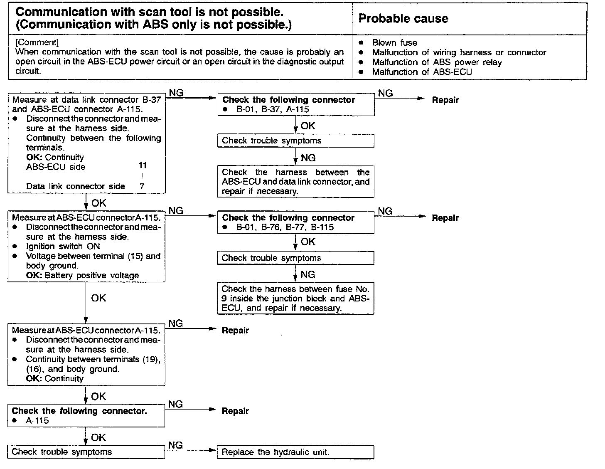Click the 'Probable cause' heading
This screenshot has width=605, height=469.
tap(403, 19)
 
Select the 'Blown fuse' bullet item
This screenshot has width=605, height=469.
tap(394, 42)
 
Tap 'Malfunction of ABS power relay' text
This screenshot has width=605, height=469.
tap(437, 62)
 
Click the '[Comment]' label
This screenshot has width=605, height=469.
tap(37, 42)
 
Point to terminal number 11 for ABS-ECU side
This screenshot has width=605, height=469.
tap(143, 165)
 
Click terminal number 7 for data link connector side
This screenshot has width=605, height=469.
tap(142, 186)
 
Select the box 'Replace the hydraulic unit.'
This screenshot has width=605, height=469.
tap(295, 452)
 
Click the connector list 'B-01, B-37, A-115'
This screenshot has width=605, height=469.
tap(273, 110)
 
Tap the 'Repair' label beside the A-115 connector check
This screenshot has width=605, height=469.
tap(235, 411)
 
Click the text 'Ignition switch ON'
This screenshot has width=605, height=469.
tap(63, 247)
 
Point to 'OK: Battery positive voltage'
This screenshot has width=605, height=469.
tap(82, 276)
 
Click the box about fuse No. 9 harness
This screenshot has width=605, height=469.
tap(295, 299)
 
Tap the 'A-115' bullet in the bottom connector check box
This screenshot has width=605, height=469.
tap(37, 421)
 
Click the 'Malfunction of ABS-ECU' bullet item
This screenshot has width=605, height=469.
tap(422, 72)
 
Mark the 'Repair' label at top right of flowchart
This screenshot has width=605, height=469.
tap(445, 100)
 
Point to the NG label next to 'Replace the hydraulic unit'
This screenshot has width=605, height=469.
tap(176, 445)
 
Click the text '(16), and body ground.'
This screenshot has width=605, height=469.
tap(73, 369)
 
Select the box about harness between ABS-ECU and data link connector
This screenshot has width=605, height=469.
tap(295, 182)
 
